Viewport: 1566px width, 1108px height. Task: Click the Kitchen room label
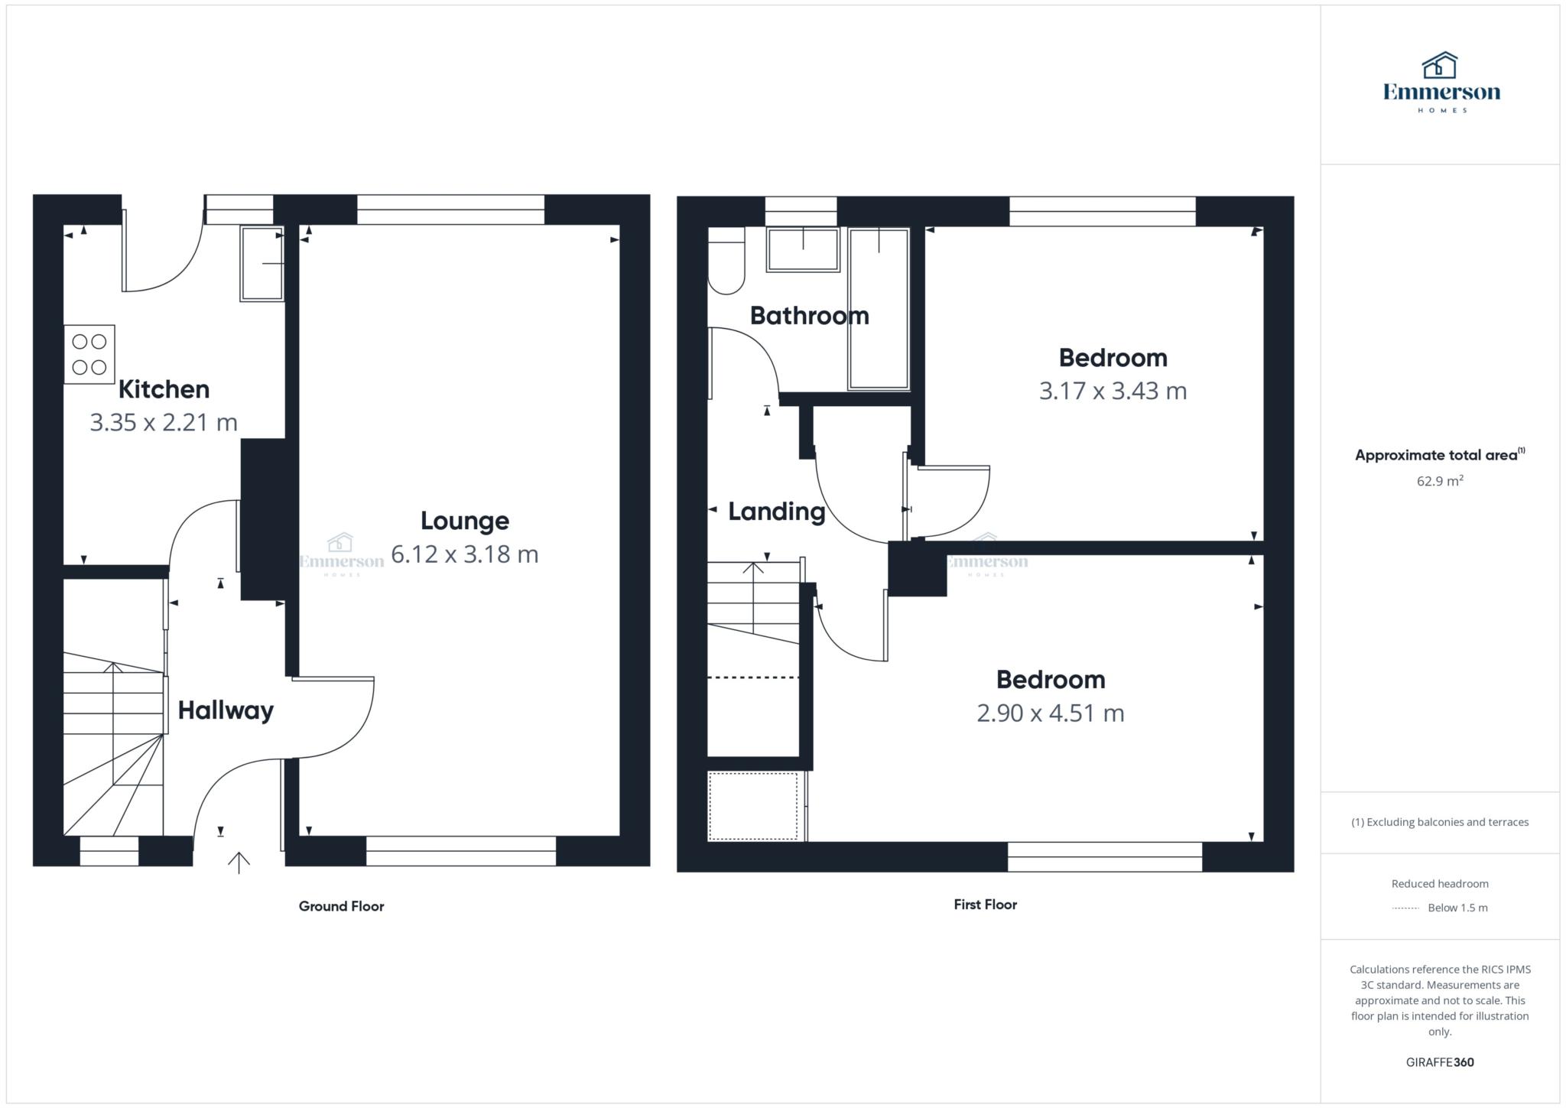click(x=164, y=389)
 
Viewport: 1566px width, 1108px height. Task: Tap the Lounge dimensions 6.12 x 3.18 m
click(x=465, y=554)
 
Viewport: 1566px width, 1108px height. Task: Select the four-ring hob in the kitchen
click(x=89, y=354)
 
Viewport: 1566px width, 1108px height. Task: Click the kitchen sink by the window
click(x=262, y=263)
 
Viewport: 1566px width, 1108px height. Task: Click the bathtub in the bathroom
click(x=879, y=309)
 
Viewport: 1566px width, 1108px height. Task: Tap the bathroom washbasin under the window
click(x=803, y=249)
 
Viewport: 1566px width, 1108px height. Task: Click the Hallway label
click(x=226, y=711)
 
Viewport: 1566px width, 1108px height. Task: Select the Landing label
click(x=776, y=512)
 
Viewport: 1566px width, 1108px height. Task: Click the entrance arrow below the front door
click(x=239, y=863)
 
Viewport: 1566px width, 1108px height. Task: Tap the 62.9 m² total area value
click(x=1440, y=481)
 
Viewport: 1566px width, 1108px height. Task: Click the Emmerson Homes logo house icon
click(x=1440, y=66)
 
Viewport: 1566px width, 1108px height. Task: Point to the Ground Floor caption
click(x=341, y=906)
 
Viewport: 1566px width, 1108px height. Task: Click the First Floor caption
click(x=985, y=905)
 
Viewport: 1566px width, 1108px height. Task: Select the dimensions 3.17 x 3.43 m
click(x=1113, y=391)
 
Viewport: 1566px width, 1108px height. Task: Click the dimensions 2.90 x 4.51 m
click(x=1050, y=713)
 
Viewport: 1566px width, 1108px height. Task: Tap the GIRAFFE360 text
click(x=1440, y=1062)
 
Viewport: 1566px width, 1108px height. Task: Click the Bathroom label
click(x=809, y=316)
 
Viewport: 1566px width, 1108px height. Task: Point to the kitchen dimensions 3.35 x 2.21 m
click(x=164, y=422)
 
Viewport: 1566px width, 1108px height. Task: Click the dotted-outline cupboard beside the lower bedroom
click(x=753, y=806)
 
